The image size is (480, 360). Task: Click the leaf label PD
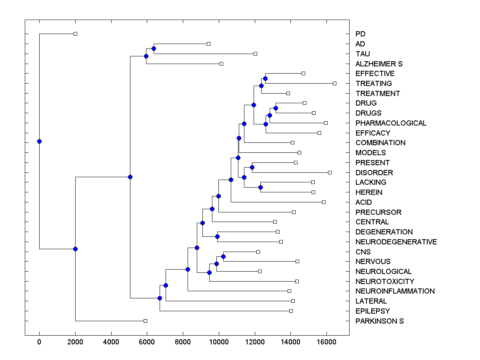(x=360, y=34)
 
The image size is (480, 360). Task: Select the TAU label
(x=363, y=54)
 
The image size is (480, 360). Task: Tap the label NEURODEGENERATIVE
(x=396, y=242)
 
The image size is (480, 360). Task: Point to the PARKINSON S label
(x=380, y=321)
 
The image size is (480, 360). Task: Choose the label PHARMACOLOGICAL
(x=391, y=123)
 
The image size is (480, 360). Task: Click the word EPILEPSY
(x=372, y=311)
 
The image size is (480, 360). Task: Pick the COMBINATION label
(x=380, y=143)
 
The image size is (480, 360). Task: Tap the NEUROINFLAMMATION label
(x=395, y=291)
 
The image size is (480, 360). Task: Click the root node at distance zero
(x=39, y=141)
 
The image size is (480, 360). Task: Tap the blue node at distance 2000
(x=75, y=249)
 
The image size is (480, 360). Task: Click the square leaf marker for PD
(x=75, y=34)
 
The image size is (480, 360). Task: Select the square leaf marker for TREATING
(x=334, y=83)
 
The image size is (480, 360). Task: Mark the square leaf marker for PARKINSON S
(x=145, y=321)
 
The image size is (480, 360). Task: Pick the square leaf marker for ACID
(x=324, y=202)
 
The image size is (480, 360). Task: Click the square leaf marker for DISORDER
(x=330, y=172)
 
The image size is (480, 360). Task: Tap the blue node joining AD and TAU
(x=154, y=48)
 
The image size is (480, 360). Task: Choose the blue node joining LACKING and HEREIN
(x=260, y=187)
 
